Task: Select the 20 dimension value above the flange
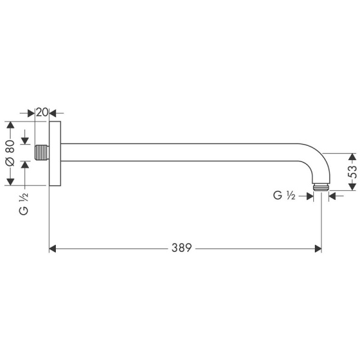click(41, 112)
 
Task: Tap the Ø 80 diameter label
click(10, 154)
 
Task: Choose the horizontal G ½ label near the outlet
click(284, 196)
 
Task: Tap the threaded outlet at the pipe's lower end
click(322, 187)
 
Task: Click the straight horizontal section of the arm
click(180, 152)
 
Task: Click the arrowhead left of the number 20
click(31, 112)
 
